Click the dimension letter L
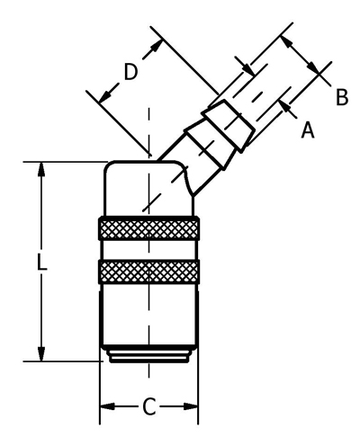(x=41, y=262)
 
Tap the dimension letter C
(x=149, y=406)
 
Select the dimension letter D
(x=130, y=72)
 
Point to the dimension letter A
(x=308, y=129)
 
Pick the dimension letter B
(x=342, y=97)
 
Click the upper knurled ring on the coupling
(x=148, y=228)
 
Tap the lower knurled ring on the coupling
(x=148, y=272)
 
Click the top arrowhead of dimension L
(x=41, y=172)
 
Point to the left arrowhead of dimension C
(x=108, y=406)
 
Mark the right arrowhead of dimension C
(x=190, y=406)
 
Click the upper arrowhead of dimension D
(x=156, y=48)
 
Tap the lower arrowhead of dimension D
(x=105, y=95)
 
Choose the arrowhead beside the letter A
(x=285, y=107)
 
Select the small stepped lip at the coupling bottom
(x=149, y=357)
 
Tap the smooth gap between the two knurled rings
(x=148, y=250)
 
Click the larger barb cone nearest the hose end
(x=229, y=126)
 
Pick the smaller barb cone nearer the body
(x=208, y=145)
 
